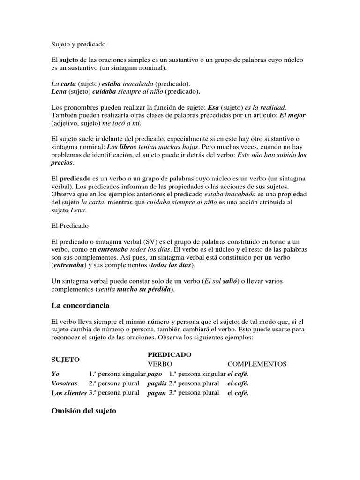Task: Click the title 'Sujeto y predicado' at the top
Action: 78,45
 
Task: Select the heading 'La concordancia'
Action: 80,306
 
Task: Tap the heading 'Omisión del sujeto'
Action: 83,411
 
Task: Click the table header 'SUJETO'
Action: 65,359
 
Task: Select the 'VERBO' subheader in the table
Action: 160,364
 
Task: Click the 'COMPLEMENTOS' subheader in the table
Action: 257,364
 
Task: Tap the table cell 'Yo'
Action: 55,374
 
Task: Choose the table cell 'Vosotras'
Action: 64,383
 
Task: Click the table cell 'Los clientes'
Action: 68,393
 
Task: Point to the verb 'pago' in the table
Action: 154,374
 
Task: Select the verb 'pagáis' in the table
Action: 157,383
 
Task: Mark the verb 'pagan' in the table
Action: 156,393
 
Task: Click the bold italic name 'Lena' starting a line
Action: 59,91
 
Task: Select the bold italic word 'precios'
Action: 62,162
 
